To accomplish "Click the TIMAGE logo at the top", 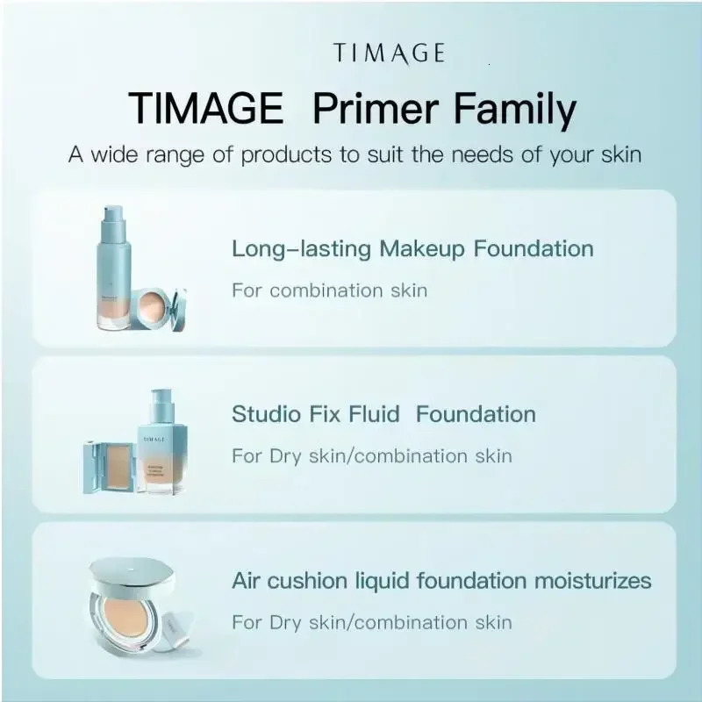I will pos(389,54).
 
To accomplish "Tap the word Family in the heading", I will pos(515,110).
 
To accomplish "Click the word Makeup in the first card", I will pos(422,248).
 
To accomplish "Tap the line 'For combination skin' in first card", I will pos(329,290).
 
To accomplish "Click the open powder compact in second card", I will pos(107,465).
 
